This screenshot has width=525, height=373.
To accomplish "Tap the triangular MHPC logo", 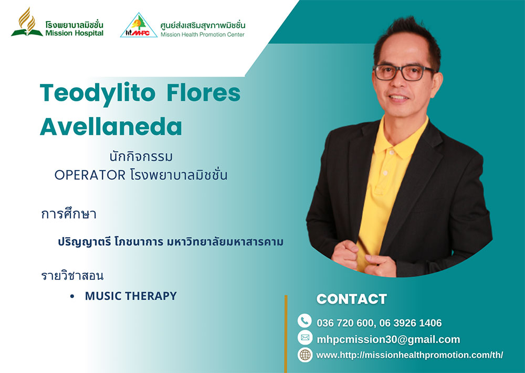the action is coord(139,25).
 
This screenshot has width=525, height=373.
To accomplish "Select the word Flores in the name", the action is coord(204,92).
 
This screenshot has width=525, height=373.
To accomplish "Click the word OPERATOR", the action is coord(90,175).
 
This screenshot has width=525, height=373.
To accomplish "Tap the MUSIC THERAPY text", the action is coord(131,296).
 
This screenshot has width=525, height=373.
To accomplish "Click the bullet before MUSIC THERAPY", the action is coord(72,296).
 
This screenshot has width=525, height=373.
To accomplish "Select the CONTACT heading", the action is coord(352,299).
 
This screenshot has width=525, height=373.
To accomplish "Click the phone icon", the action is coord(304,321).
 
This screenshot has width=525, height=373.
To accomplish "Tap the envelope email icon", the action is coord(304,337).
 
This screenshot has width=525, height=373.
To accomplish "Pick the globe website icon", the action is coord(304,355).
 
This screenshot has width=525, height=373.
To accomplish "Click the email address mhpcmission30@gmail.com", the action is coord(388,339).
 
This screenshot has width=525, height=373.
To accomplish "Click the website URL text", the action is coord(409,355).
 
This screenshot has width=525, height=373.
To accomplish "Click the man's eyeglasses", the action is coord(404,72).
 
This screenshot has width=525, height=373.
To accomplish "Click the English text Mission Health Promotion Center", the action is coord(203,35).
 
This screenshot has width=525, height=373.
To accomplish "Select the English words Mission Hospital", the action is coord(75,33).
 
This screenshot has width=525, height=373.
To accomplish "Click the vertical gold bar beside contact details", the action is coord(286,334).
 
